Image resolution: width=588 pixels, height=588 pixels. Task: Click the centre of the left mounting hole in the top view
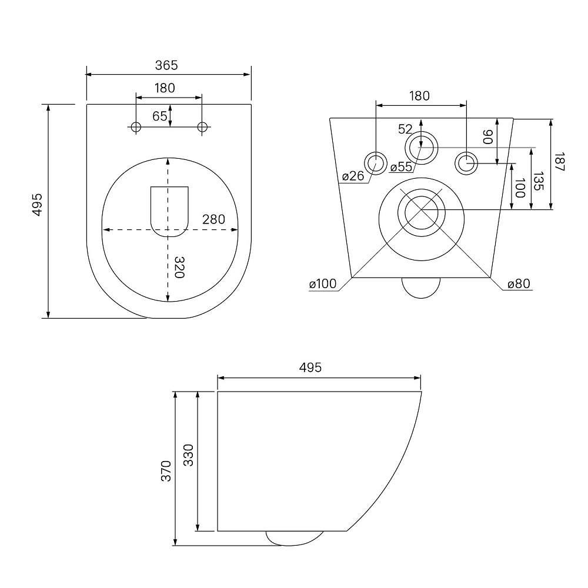136,127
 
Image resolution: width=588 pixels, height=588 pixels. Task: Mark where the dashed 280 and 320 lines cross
168,229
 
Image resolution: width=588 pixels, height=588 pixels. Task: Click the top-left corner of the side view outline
218,392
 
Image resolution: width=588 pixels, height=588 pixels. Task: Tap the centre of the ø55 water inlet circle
421,148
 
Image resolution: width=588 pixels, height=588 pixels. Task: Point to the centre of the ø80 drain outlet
422,212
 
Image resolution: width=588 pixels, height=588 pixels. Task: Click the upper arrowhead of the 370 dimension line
175,394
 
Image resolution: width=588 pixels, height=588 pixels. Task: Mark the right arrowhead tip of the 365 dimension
250,74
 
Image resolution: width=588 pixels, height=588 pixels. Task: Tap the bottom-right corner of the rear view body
490,278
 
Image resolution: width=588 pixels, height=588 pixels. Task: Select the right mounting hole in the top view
202,127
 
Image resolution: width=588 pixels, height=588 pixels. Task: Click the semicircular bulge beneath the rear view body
421,288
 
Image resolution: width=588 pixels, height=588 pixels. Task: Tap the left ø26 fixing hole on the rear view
375,163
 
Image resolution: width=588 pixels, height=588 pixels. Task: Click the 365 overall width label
166,65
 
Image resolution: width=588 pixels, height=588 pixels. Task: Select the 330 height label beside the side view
188,455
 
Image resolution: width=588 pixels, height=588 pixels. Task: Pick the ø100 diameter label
323,284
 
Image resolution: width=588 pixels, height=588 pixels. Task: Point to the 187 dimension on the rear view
559,162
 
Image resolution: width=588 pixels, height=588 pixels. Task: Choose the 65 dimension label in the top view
160,116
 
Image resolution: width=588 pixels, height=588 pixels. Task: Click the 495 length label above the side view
310,367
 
